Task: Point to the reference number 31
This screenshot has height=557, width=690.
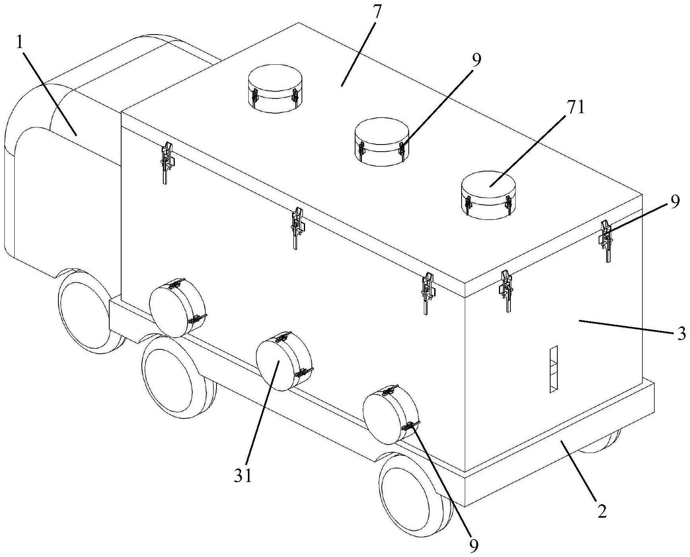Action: (x=243, y=476)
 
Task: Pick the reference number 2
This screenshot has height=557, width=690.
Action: (x=602, y=511)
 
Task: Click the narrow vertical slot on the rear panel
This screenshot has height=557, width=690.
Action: (x=553, y=369)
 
